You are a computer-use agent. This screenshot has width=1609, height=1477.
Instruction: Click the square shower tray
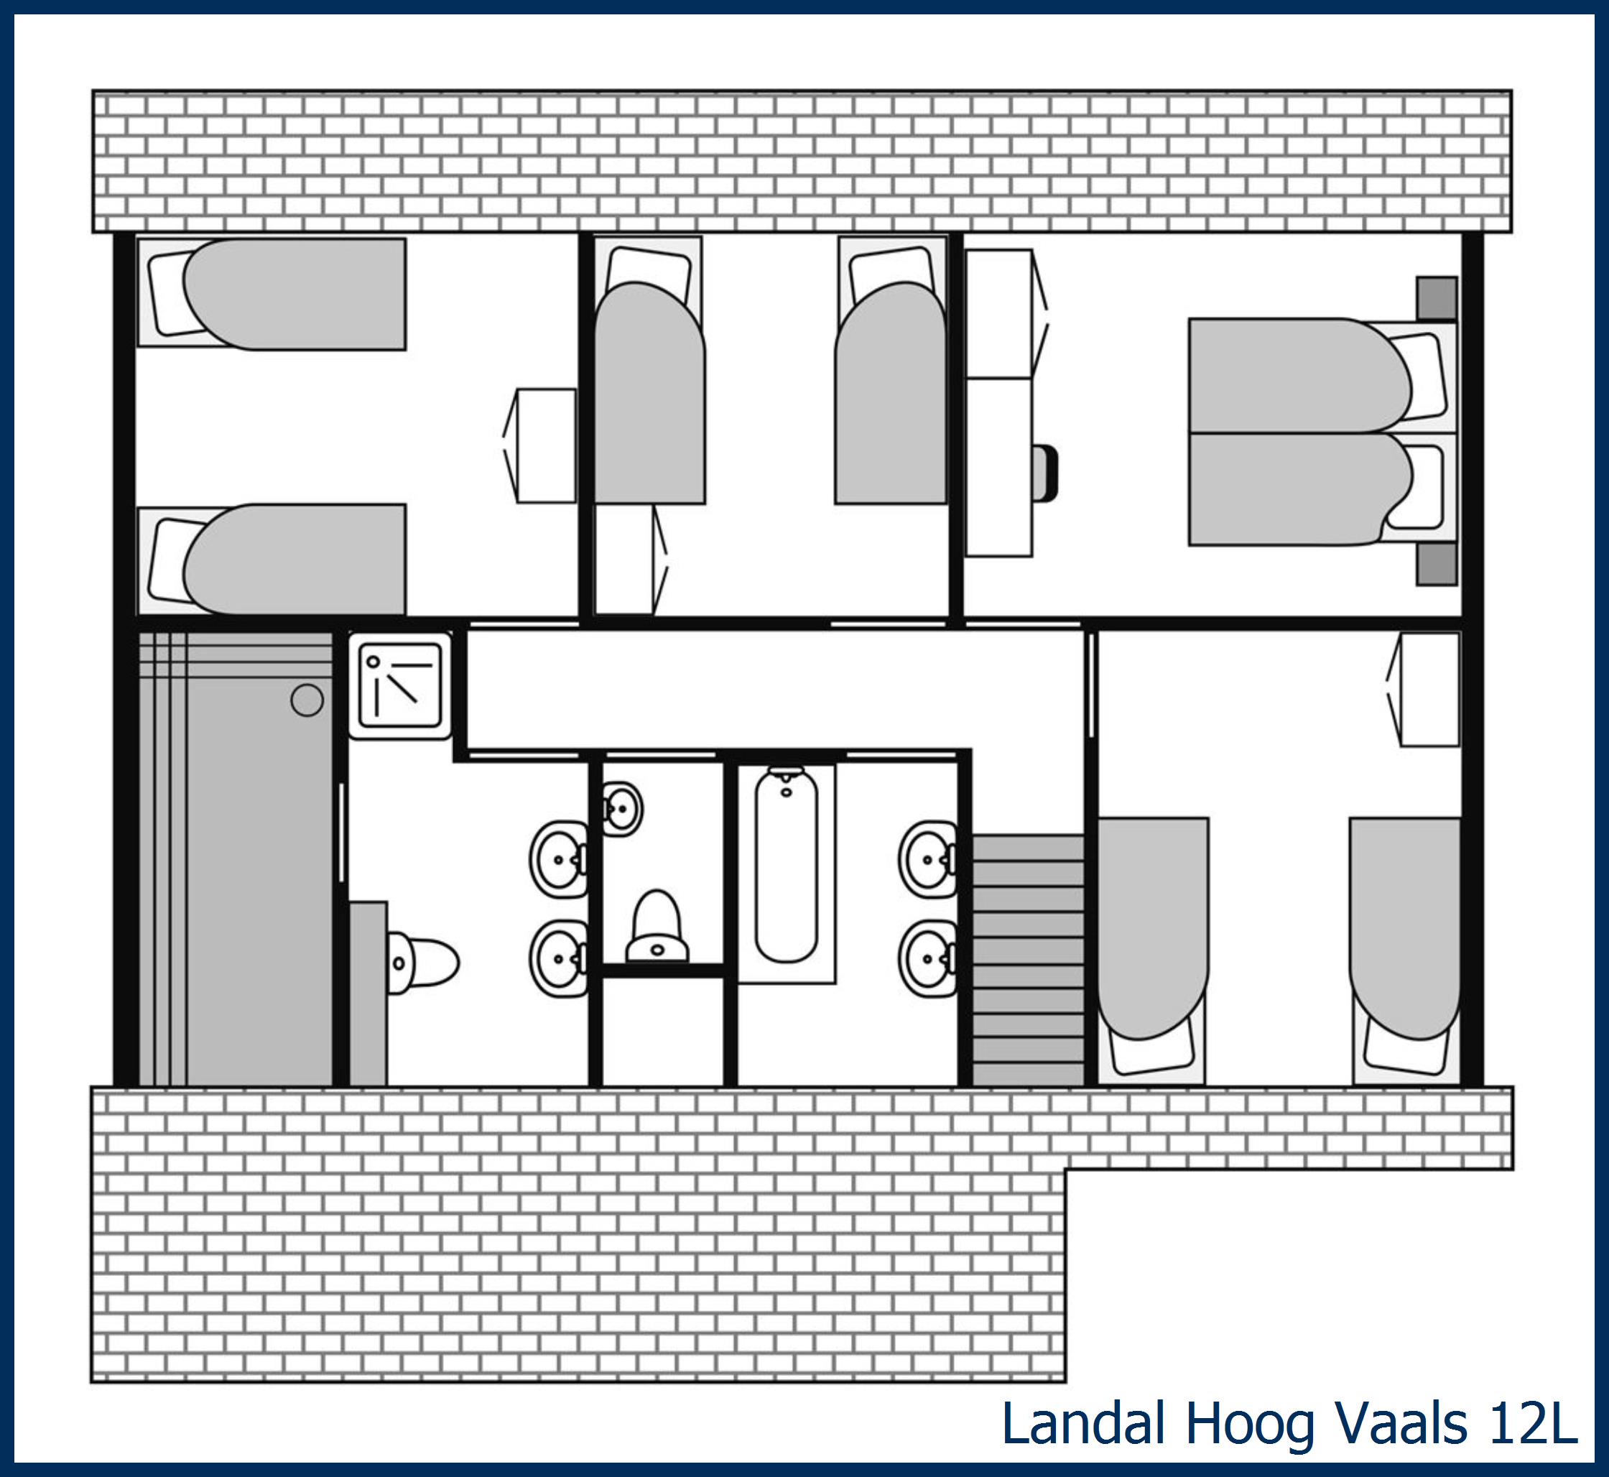click(399, 686)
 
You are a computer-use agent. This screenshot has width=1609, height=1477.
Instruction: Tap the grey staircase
click(1028, 960)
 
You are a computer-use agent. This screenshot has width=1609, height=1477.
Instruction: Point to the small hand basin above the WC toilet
click(621, 809)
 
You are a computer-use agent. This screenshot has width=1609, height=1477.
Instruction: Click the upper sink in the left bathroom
click(559, 860)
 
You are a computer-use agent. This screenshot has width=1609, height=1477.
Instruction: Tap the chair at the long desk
click(1044, 474)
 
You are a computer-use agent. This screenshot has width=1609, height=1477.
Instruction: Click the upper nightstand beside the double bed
click(1437, 298)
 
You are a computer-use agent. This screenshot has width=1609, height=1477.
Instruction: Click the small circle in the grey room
click(307, 700)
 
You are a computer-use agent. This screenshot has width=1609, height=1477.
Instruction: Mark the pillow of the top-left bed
click(170, 293)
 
